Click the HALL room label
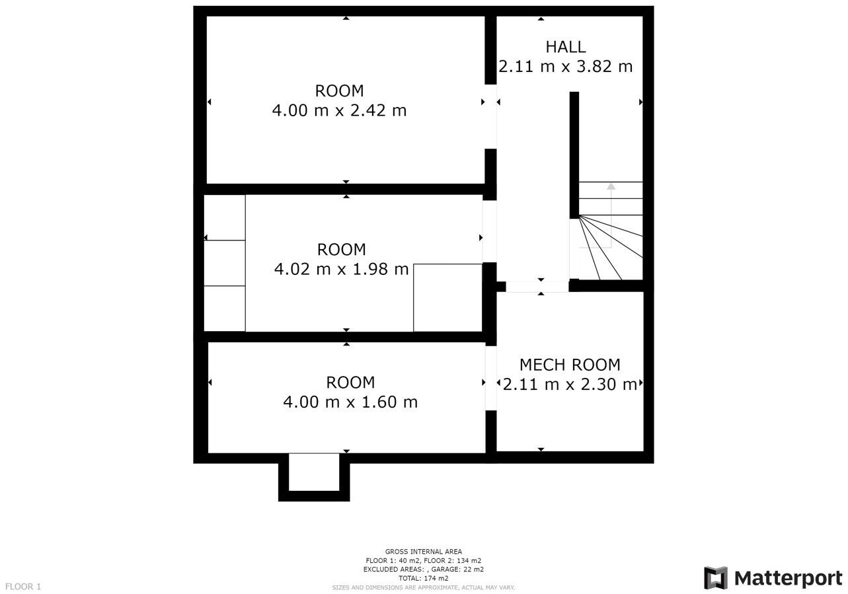pyautogui.click(x=566, y=47)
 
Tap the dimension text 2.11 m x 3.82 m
pyautogui.click(x=566, y=67)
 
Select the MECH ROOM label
pyautogui.click(x=570, y=365)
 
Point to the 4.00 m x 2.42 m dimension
pyautogui.click(x=339, y=110)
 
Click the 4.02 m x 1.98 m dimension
pyautogui.click(x=341, y=269)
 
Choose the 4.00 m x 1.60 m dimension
pyautogui.click(x=350, y=402)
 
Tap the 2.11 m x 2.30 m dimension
pyautogui.click(x=570, y=384)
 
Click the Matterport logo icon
pyautogui.click(x=715, y=578)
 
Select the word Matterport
pyautogui.click(x=789, y=579)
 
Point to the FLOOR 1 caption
pyautogui.click(x=23, y=586)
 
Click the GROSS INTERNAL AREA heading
pyautogui.click(x=424, y=552)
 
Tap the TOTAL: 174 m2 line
pyautogui.click(x=424, y=578)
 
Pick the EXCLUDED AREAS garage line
pyautogui.click(x=424, y=570)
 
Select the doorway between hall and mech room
pyautogui.click(x=537, y=287)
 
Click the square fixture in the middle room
pyautogui.click(x=447, y=298)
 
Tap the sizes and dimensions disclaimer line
pyautogui.click(x=424, y=587)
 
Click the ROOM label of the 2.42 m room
pyautogui.click(x=339, y=91)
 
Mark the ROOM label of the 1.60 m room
pyautogui.click(x=350, y=383)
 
